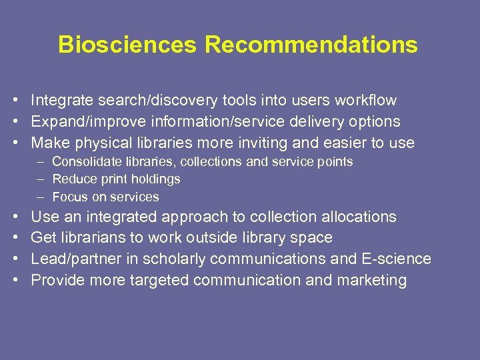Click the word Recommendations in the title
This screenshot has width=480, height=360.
click(x=311, y=45)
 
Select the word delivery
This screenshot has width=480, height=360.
click(x=308, y=122)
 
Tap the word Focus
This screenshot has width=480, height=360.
click(x=68, y=197)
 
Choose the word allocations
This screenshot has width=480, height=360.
click(x=359, y=217)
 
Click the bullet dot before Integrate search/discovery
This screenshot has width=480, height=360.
click(x=14, y=101)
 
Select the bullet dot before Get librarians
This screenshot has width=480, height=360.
click(x=14, y=238)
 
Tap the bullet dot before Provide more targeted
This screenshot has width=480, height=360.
click(x=14, y=280)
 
